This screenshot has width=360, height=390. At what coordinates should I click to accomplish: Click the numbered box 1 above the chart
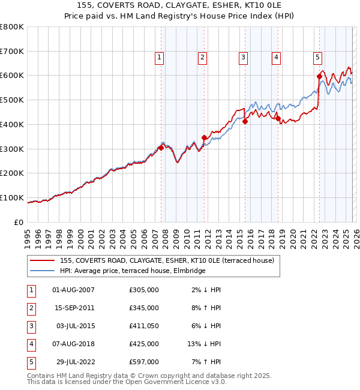pos(160,58)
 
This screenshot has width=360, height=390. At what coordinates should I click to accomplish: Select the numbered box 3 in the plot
pos(243,58)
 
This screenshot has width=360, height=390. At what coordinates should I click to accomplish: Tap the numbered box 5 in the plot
pos(317,58)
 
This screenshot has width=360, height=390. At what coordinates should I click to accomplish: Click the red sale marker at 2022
pos(319,76)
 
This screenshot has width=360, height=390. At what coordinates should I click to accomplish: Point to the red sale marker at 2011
pos(204,137)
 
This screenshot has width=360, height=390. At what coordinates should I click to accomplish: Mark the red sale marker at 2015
pos(245,121)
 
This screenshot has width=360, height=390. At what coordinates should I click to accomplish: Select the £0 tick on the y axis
pos(19,222)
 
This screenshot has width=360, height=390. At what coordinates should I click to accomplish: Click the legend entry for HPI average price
pos(133,271)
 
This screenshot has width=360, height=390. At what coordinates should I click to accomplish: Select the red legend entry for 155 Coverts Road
pos(167,260)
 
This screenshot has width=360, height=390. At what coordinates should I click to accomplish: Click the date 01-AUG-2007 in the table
pos(73,290)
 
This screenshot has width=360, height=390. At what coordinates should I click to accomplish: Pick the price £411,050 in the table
pos(143,326)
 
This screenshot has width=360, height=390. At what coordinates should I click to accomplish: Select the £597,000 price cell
pos(143,362)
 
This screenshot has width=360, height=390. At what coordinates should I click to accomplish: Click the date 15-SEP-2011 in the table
pos(73,308)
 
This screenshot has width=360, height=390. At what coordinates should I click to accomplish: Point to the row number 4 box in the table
pos(31,344)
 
